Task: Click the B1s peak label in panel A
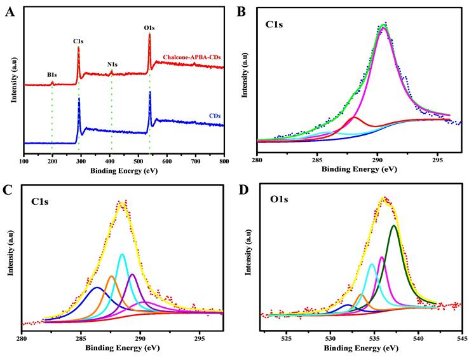52,75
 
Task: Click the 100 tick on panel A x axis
24,163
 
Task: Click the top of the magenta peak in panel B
383,27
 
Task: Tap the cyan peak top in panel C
121,254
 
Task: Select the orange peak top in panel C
111,275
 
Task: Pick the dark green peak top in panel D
394,225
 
